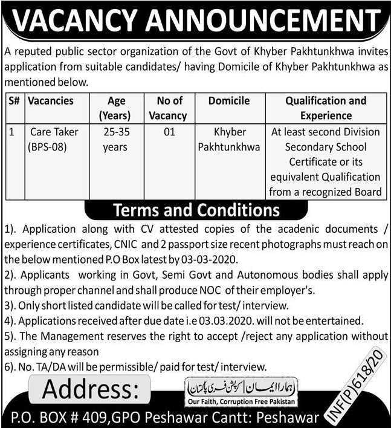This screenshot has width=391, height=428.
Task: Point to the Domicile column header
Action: pos(228,101)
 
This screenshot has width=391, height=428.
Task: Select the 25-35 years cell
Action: pos(116,139)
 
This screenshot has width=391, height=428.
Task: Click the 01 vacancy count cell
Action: pos(169,132)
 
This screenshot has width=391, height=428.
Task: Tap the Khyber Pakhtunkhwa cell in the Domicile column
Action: pos(228,139)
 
